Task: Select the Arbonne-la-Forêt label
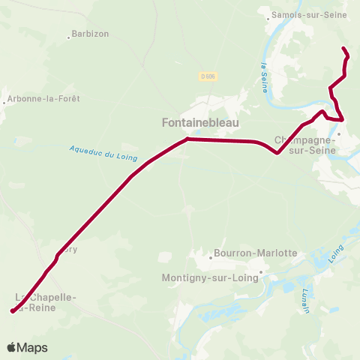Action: (x=43, y=98)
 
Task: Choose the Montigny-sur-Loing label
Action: (x=210, y=277)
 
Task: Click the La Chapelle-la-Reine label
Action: (x=45, y=302)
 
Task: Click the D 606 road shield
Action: (x=208, y=76)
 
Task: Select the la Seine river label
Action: (x=265, y=77)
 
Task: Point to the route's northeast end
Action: (x=343, y=49)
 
